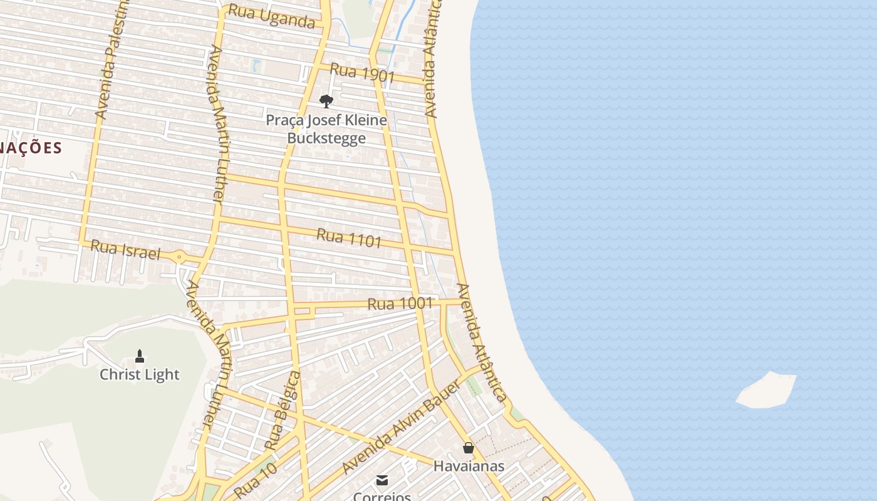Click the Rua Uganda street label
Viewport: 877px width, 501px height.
(x=271, y=17)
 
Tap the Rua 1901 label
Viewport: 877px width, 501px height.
(x=362, y=73)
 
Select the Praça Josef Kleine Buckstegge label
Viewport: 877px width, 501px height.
(x=326, y=128)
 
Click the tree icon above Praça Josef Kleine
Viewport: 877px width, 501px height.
(x=326, y=101)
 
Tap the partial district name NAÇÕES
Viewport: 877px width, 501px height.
(x=31, y=148)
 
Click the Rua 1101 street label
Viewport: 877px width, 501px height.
(x=349, y=238)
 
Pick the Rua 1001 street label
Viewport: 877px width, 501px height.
(x=400, y=304)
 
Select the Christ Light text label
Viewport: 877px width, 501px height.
(x=140, y=374)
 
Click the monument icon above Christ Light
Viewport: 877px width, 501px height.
(x=140, y=356)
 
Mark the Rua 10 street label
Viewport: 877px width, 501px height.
(x=255, y=481)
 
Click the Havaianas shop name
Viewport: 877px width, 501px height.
(x=469, y=466)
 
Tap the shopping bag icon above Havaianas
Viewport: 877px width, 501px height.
(x=469, y=448)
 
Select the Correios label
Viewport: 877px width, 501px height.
(x=381, y=496)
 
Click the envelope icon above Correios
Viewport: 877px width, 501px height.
(x=381, y=480)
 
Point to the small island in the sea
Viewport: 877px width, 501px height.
(x=767, y=390)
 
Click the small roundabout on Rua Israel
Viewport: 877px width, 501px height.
(x=180, y=256)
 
